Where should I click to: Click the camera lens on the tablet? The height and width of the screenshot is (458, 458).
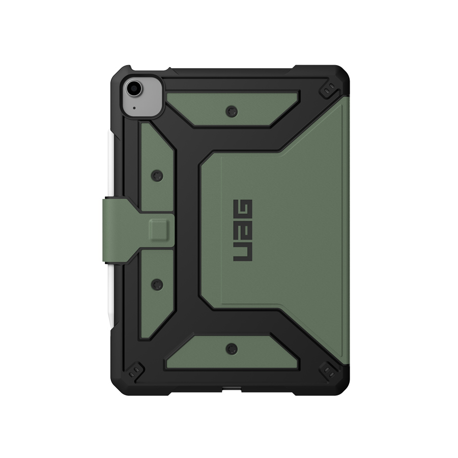coord(134,88)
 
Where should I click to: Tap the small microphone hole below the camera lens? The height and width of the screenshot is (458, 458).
coord(134,108)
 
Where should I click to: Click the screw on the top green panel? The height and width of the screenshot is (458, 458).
coord(232,111)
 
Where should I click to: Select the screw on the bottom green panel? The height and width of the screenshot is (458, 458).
coord(232,349)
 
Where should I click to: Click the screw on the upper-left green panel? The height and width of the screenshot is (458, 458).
coord(157,176)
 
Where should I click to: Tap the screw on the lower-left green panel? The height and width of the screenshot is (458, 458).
coord(157,284)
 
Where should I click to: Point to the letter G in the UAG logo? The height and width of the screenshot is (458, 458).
coord(243,209)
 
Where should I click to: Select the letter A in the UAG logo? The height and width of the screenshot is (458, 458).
coord(243,230)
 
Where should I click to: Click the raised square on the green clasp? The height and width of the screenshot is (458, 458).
coord(159,230)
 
